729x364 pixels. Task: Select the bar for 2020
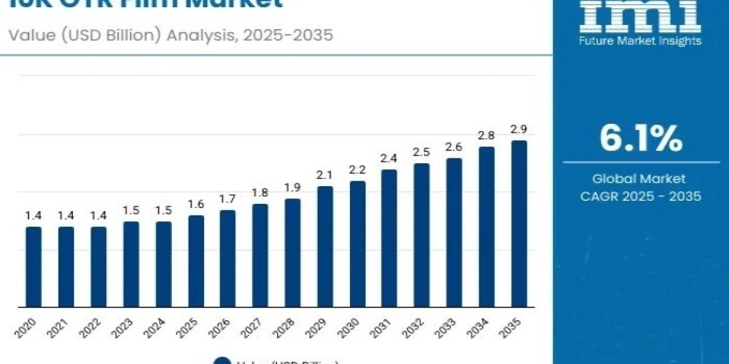click(33, 267)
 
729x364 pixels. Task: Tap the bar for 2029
click(325, 246)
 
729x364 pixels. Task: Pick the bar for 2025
click(196, 261)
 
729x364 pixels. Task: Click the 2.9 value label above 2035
click(519, 129)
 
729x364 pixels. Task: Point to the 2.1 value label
click(325, 175)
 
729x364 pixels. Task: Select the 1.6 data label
click(196, 204)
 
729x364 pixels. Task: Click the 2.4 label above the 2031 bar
click(389, 158)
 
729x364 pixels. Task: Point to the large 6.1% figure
click(640, 139)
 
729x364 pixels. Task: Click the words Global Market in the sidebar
click(640, 179)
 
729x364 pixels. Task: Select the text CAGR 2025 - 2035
click(640, 197)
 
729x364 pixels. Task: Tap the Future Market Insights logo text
click(640, 41)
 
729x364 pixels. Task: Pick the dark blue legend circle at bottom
click(223, 362)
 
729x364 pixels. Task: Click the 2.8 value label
click(487, 135)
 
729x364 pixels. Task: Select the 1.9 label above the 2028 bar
click(293, 187)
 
